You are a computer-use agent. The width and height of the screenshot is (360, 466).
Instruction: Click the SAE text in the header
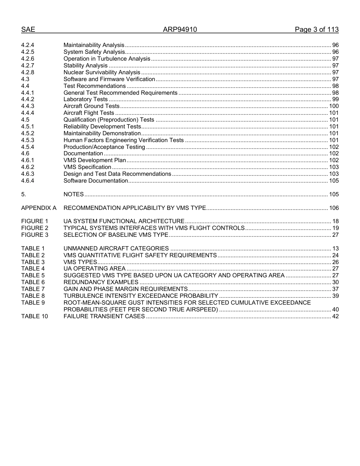click(28, 30)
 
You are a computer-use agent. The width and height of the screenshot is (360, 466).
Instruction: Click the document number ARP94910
click(180, 30)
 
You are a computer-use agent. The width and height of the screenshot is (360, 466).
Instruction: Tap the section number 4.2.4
click(28, 45)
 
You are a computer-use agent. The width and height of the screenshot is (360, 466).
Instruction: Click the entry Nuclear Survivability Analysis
click(102, 72)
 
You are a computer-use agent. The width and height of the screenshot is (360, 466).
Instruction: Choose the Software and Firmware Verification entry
click(109, 79)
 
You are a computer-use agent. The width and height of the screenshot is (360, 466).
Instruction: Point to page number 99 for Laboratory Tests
click(335, 99)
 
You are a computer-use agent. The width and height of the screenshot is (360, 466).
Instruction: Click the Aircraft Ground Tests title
click(91, 106)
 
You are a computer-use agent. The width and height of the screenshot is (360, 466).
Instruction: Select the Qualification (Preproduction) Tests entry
click(109, 120)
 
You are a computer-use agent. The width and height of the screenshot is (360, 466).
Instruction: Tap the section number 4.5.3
click(28, 140)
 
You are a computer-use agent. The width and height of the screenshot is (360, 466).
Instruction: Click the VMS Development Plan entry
click(94, 160)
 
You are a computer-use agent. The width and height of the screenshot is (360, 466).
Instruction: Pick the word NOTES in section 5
click(74, 194)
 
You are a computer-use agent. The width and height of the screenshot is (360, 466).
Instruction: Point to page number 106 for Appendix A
click(334, 208)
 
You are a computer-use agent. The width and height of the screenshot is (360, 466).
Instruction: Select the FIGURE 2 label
click(35, 228)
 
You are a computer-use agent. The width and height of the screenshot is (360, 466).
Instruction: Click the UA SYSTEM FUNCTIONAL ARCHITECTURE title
click(124, 221)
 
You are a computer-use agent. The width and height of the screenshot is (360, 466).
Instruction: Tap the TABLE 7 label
click(33, 289)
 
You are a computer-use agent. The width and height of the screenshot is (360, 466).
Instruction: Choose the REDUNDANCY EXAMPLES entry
click(101, 282)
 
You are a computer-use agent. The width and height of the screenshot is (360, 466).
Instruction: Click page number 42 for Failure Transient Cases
click(335, 316)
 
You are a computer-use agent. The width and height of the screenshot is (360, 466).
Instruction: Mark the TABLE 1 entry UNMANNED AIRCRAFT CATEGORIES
click(116, 249)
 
